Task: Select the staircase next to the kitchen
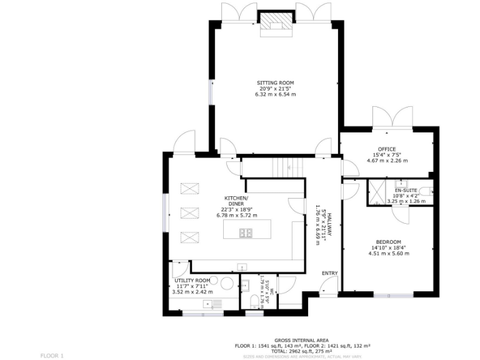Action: coord(287,167)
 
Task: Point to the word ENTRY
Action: coord(329,273)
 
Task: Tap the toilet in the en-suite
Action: coord(426,190)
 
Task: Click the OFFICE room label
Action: coord(387,149)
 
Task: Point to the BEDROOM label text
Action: coord(388,242)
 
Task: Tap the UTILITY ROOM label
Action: coord(192,281)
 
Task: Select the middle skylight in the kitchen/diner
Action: coord(188,212)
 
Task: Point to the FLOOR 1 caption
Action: coord(52,355)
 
